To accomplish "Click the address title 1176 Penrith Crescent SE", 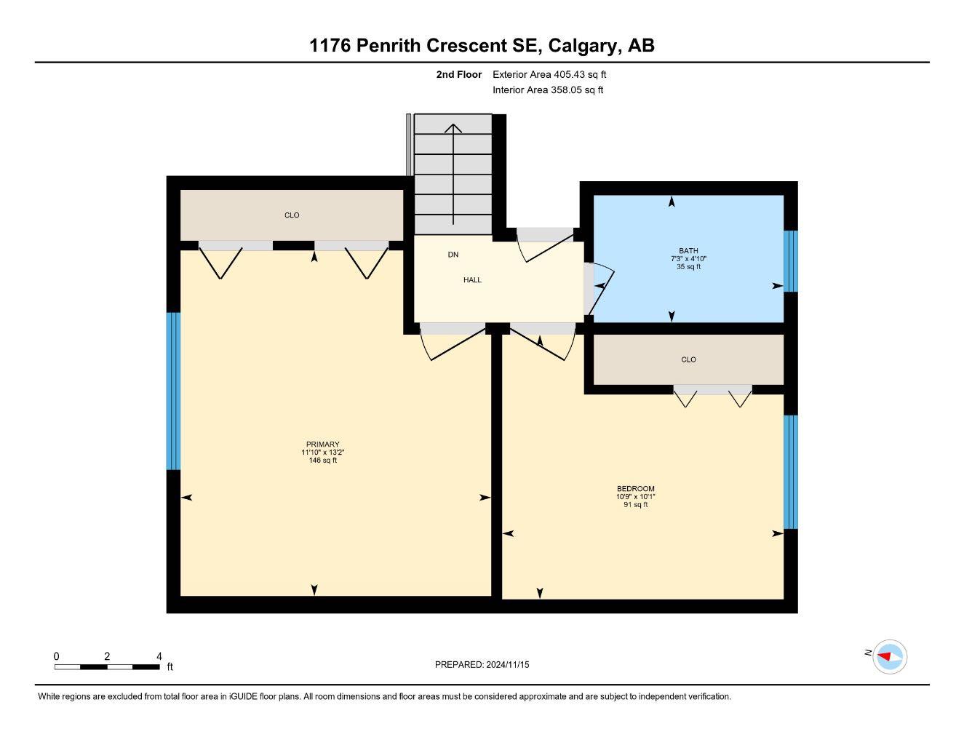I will (482, 45).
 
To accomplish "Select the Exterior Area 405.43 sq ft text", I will (549, 74).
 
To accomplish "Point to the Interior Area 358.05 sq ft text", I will (548, 90).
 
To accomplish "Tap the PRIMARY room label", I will (322, 445).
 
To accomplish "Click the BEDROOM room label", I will (635, 489).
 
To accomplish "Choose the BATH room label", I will (688, 251).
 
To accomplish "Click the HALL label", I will (472, 280).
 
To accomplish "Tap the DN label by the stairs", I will (453, 255).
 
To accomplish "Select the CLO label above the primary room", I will (292, 215).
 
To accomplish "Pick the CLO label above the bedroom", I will (688, 359).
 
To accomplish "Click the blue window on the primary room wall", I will (173, 391).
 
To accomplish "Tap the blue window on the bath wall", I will (791, 261).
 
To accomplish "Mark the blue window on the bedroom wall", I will (791, 472).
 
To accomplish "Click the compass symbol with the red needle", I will (889, 657).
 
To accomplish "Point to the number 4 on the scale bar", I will (159, 656).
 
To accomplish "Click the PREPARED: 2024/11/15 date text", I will (482, 664).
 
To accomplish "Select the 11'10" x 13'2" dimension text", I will (322, 453).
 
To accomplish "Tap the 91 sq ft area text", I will (635, 504).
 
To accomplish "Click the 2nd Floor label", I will (458, 74).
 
